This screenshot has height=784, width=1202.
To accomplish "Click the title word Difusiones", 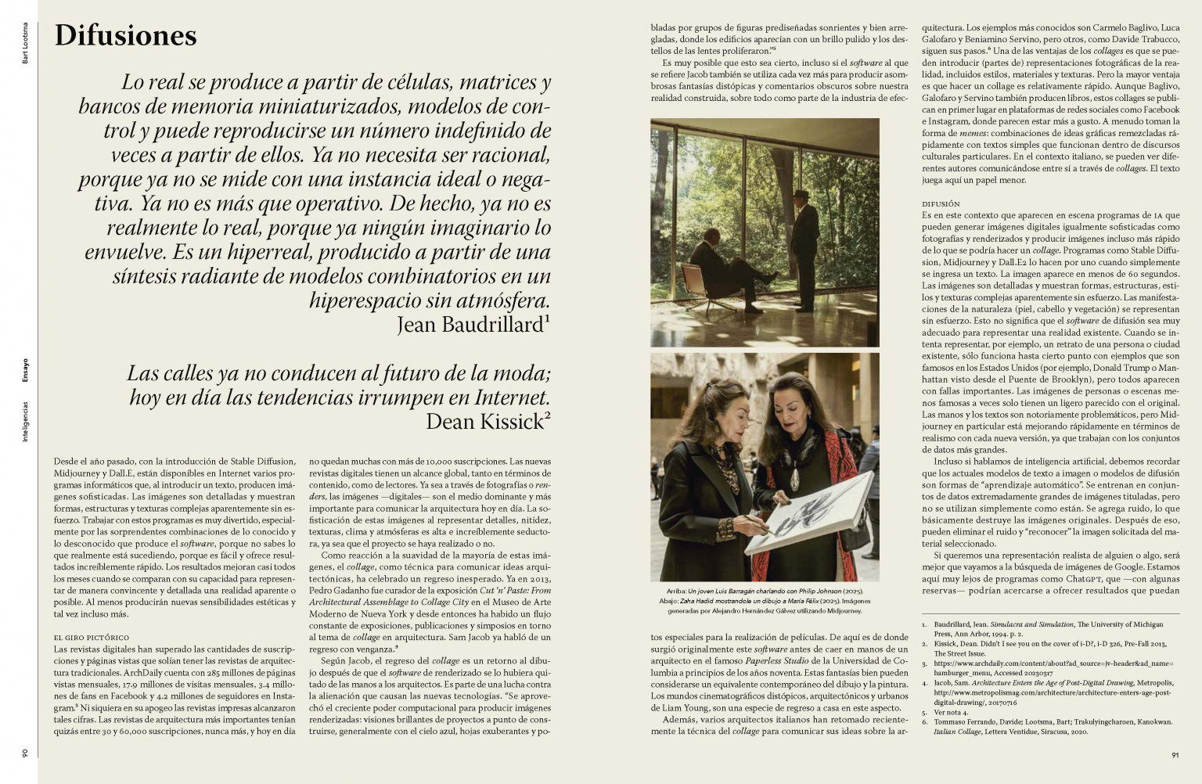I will (125, 36).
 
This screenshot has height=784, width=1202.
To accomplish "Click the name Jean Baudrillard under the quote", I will (470, 324).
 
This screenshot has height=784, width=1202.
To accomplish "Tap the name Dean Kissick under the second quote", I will (484, 422).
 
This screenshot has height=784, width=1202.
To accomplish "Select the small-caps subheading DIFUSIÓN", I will (941, 204).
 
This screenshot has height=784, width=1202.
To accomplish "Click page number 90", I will (25, 753).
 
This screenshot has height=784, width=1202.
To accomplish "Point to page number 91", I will (1175, 755).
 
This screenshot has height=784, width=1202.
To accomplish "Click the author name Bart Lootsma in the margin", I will (25, 44).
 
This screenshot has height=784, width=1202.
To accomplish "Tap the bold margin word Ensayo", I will (25, 369).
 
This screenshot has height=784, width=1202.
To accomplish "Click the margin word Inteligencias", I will (25, 423).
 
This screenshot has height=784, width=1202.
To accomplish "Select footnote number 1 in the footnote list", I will (925, 624).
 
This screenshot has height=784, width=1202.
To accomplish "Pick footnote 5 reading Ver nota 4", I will (951, 713).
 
